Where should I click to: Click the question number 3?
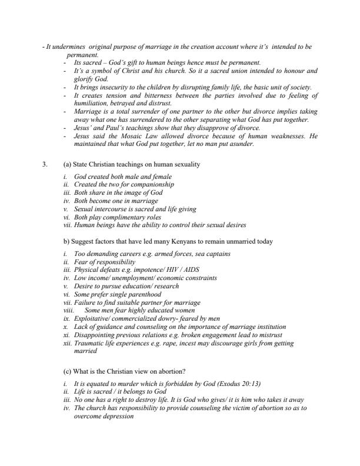45,165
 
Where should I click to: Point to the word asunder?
242,145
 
